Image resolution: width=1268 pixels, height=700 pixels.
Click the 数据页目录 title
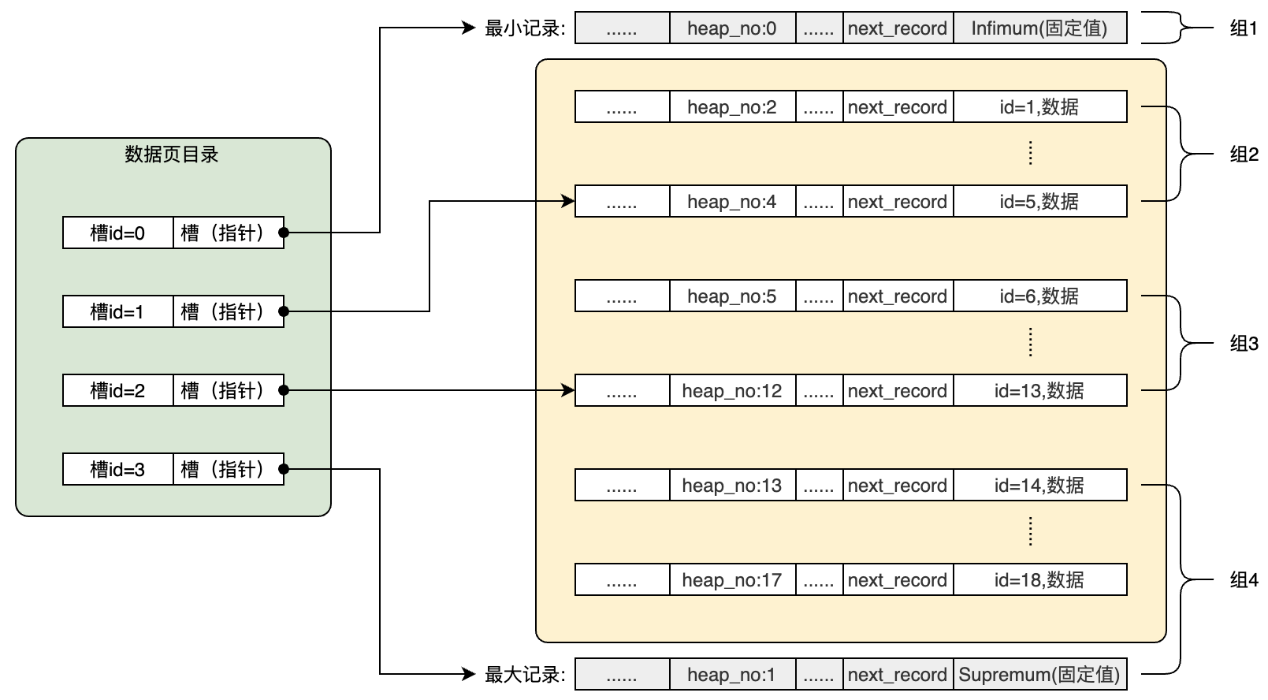172,155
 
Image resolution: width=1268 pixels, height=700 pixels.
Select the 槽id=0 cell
117,233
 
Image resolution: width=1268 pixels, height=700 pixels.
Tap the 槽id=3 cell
117,470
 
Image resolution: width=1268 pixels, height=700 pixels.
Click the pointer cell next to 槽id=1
228,312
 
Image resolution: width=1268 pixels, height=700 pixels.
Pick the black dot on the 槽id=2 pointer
284,390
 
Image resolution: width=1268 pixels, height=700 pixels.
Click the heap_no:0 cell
732,28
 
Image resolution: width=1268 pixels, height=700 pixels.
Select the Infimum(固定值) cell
1039,28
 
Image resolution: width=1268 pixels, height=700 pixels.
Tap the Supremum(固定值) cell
1039,675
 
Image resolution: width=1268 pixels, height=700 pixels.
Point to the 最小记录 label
525,28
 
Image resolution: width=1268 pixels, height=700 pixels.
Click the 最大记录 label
525,675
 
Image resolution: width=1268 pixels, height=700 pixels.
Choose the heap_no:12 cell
732,391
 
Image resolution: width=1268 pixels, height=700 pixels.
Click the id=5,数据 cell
1039,202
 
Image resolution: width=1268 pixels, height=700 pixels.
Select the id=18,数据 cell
1039,580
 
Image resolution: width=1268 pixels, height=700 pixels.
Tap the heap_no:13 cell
732,486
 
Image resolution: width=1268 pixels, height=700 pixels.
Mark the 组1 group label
1244,28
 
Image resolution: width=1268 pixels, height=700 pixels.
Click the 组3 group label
1244,344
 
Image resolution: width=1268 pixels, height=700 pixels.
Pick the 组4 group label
1244,580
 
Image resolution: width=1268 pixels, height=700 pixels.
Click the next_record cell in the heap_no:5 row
898,296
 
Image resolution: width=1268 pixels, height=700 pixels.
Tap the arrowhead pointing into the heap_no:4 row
569,201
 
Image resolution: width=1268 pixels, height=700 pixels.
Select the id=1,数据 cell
1039,107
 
